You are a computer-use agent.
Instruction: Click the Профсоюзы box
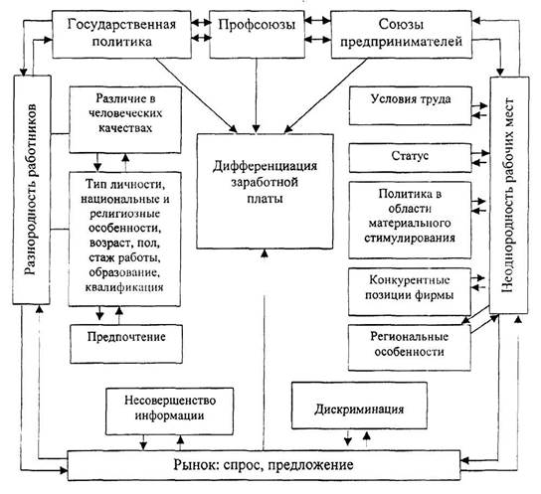(x=257, y=34)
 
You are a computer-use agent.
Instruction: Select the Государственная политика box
(x=121, y=34)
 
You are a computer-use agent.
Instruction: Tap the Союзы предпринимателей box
(x=401, y=34)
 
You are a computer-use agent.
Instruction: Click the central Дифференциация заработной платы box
(x=265, y=191)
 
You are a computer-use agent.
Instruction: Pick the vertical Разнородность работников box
(x=32, y=190)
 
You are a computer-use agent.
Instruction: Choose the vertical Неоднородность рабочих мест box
(x=509, y=195)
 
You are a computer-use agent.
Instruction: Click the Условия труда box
(x=411, y=105)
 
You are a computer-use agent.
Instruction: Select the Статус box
(x=411, y=158)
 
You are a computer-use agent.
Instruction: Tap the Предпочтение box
(x=126, y=344)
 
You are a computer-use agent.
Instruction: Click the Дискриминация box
(x=359, y=406)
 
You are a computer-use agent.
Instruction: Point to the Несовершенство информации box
(x=169, y=412)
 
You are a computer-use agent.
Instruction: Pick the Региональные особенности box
(x=410, y=348)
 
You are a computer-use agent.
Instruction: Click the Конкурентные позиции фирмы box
(x=410, y=291)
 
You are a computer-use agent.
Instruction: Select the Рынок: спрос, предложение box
(x=264, y=465)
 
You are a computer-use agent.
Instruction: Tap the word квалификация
(x=124, y=287)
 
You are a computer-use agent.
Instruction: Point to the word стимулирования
(x=410, y=238)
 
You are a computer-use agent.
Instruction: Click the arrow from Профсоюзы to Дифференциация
(x=257, y=95)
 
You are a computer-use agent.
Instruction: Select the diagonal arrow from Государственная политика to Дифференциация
(x=196, y=95)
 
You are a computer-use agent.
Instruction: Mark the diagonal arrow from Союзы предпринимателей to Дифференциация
(x=325, y=95)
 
